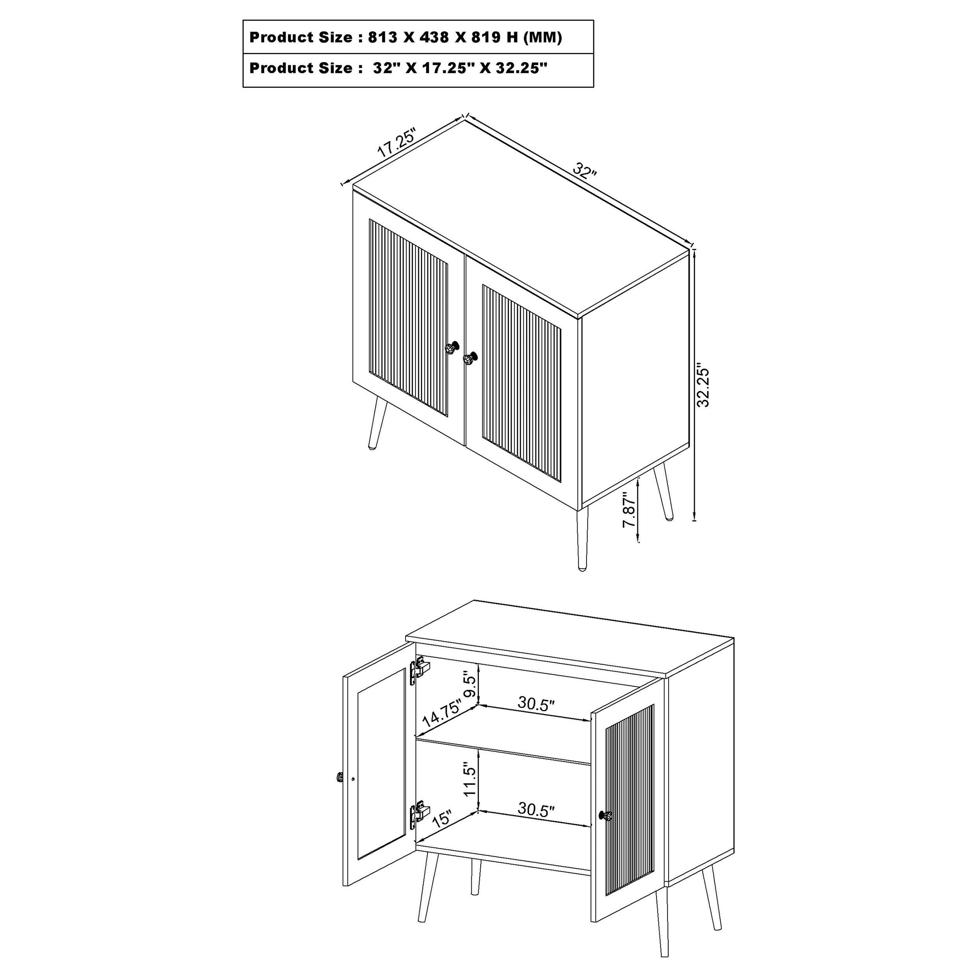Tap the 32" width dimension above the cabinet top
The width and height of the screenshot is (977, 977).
[585, 170]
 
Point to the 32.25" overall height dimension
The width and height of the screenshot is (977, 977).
[703, 384]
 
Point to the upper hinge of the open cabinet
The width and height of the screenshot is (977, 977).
[420, 669]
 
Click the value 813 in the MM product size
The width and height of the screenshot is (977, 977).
[383, 38]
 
